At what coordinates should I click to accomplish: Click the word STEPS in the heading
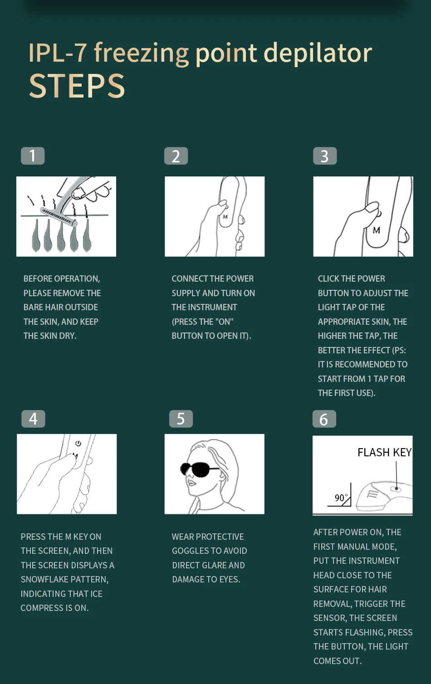tap(77, 86)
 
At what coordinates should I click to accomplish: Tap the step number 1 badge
tap(33, 156)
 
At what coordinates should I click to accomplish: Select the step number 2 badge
tap(176, 156)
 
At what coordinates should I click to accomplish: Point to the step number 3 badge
tap(325, 156)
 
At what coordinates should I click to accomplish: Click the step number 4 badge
tap(33, 419)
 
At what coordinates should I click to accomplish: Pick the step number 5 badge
tap(181, 419)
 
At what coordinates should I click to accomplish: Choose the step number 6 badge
tap(324, 419)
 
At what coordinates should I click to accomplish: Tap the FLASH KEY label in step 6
tap(384, 453)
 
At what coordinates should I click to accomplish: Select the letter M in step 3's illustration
tap(376, 230)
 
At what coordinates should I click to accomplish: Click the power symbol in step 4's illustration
tap(78, 443)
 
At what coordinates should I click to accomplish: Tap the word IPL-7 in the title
tap(58, 53)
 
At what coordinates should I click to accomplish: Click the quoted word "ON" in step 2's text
tap(225, 322)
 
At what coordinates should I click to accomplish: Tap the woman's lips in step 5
tap(191, 484)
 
